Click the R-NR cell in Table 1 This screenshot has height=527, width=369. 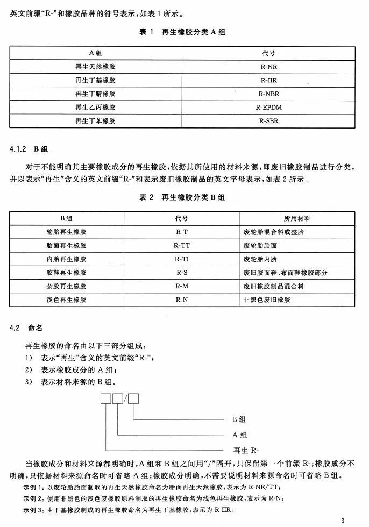click(268, 67)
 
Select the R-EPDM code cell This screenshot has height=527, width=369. click(268, 108)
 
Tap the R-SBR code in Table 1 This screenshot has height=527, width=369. click(268, 121)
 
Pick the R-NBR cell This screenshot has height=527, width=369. click(268, 94)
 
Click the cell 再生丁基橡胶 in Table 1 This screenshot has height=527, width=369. click(95, 81)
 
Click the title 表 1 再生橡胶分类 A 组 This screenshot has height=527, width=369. click(182, 32)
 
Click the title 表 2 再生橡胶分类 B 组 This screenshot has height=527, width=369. click(182, 197)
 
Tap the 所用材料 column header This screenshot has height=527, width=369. click(297, 219)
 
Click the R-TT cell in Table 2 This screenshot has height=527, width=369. click(181, 246)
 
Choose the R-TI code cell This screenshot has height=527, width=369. click(181, 259)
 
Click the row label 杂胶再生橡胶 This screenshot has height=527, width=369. click(67, 286)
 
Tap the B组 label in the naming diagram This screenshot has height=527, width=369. click(239, 419)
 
